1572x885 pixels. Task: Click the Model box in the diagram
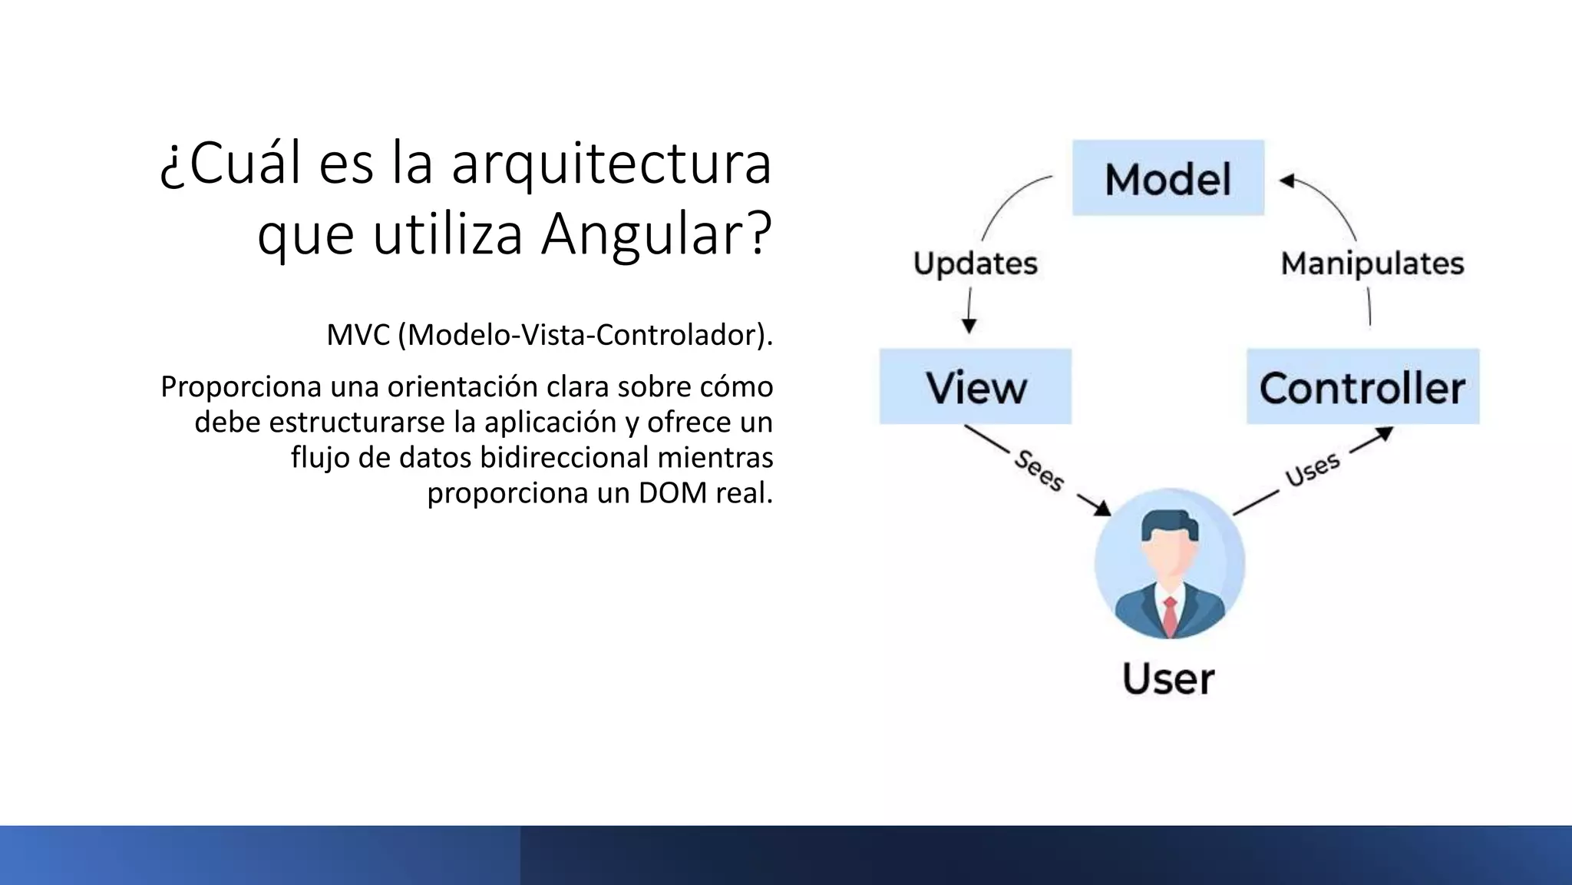click(x=1167, y=178)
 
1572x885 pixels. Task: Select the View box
click(x=976, y=386)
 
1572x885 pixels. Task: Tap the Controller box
click(x=1362, y=386)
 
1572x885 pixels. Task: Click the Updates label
click(x=975, y=264)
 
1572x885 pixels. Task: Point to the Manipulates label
click(x=1372, y=264)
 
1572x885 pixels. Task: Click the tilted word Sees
click(x=1039, y=470)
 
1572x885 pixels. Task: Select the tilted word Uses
click(x=1313, y=469)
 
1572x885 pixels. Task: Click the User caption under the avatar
click(x=1168, y=679)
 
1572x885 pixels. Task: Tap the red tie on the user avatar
click(x=1170, y=615)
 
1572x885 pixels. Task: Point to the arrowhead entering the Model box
click(x=1287, y=181)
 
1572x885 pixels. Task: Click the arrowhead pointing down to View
click(x=969, y=326)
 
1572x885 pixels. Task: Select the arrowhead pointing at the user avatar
click(x=1102, y=508)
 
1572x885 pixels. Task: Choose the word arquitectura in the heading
click(x=611, y=164)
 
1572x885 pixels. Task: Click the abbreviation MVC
click(x=358, y=335)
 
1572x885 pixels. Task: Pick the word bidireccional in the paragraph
click(x=565, y=457)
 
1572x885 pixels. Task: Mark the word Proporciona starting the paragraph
click(x=241, y=386)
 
